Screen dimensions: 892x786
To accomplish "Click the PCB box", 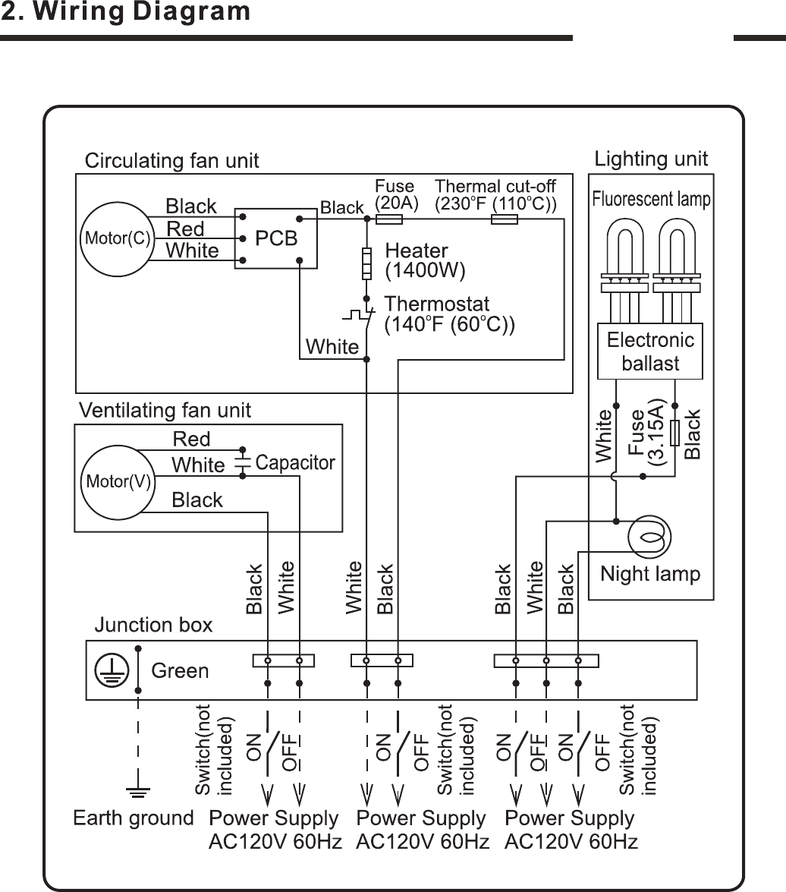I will pyautogui.click(x=275, y=238).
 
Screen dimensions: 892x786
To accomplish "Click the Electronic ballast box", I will pyautogui.click(x=650, y=351).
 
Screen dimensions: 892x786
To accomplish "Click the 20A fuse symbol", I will pyautogui.click(x=389, y=219).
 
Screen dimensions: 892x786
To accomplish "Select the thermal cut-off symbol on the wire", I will pyautogui.click(x=505, y=219).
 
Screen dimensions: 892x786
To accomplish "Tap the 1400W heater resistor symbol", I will pyautogui.click(x=366, y=263).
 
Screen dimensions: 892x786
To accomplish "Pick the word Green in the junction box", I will pyautogui.click(x=180, y=670).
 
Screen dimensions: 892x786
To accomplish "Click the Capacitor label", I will pyautogui.click(x=295, y=462).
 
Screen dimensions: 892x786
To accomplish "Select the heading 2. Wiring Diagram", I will pyautogui.click(x=126, y=12).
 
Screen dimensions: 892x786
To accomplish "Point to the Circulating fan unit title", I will pyautogui.click(x=171, y=161).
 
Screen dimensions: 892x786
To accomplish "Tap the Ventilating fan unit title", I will pyautogui.click(x=165, y=411).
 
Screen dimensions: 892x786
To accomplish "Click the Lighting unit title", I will pyautogui.click(x=651, y=159).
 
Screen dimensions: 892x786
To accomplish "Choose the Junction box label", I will pyautogui.click(x=153, y=625).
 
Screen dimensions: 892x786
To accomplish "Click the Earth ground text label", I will pyautogui.click(x=134, y=818).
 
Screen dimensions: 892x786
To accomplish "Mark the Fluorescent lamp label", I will pyautogui.click(x=651, y=200).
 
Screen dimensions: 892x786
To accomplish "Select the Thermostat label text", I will pyautogui.click(x=437, y=304).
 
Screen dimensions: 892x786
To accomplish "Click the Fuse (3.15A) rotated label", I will pyautogui.click(x=646, y=433).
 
